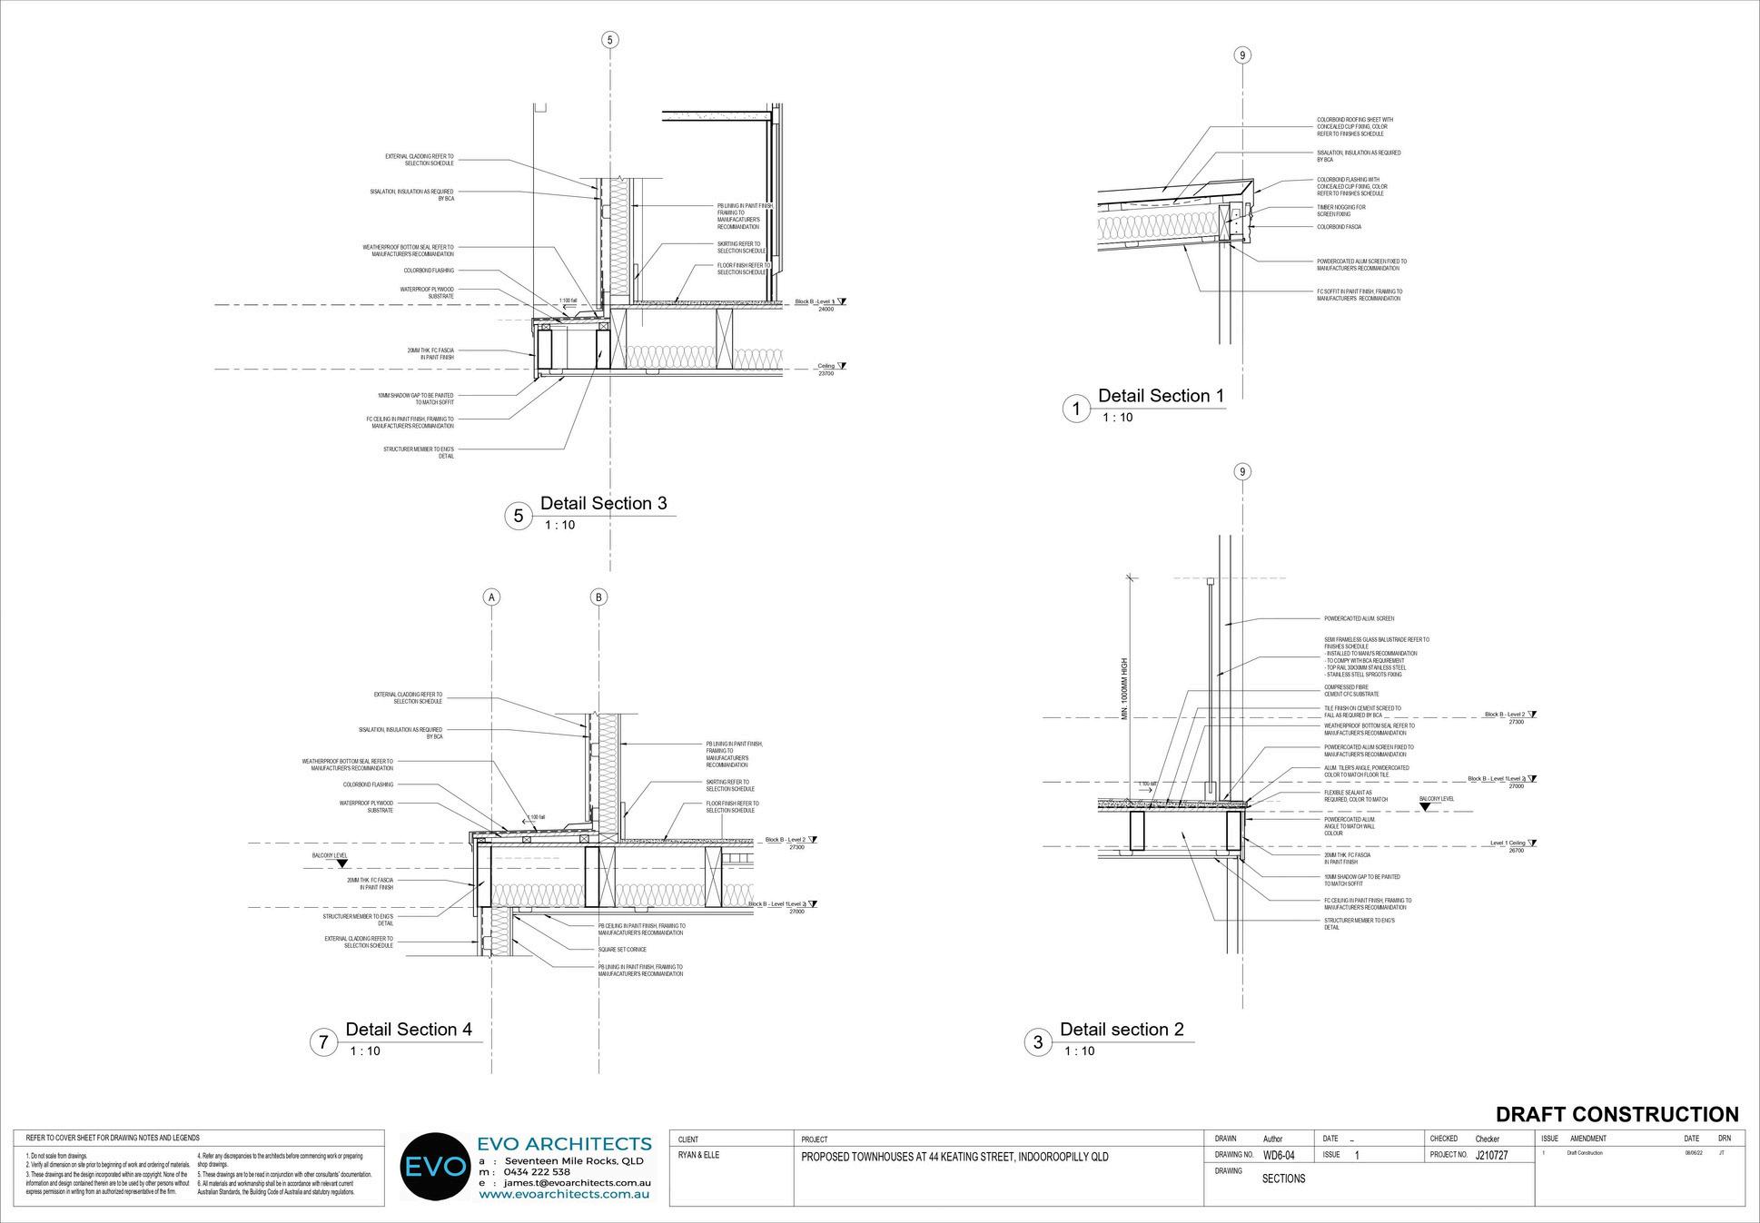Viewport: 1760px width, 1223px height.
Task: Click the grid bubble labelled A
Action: [x=491, y=597]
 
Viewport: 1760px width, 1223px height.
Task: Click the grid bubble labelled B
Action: [x=598, y=597]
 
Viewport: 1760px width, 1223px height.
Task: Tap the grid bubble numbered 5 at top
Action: [x=610, y=40]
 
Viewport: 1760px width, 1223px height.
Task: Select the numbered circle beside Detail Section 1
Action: [x=1076, y=409]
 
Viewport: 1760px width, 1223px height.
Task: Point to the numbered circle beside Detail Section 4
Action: [x=323, y=1041]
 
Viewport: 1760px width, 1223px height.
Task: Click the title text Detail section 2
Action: [x=1122, y=1030]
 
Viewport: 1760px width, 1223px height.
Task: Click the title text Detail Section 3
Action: [x=603, y=503]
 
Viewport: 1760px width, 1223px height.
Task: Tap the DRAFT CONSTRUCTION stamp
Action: [x=1617, y=1114]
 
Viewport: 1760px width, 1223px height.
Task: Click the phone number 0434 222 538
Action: [x=538, y=1172]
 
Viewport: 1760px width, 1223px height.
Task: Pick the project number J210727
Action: [x=1491, y=1156]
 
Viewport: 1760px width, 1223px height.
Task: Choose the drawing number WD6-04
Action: [x=1279, y=1156]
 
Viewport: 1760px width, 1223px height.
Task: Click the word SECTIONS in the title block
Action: [x=1283, y=1179]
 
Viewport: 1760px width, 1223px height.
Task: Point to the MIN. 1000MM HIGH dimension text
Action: [x=1124, y=690]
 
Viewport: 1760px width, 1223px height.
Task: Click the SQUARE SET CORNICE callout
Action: [x=622, y=950]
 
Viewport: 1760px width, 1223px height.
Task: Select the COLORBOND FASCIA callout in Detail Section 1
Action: [x=1339, y=227]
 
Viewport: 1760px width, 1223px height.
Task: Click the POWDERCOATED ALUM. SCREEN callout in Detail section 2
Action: [x=1359, y=618]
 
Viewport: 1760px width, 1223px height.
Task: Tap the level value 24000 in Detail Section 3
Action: [x=826, y=310]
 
